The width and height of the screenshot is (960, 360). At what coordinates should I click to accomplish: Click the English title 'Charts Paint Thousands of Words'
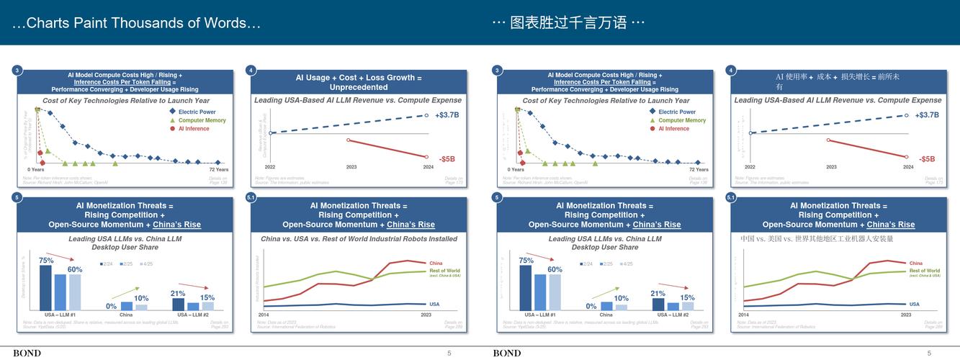point(136,23)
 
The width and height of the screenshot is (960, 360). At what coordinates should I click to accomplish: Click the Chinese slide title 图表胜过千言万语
point(568,23)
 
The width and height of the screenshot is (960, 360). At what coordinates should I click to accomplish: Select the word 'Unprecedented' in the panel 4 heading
point(359,87)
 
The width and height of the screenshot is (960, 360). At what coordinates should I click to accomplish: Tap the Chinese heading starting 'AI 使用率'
point(837,77)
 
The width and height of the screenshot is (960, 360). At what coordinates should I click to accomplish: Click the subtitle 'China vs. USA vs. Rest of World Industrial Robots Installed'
point(359,239)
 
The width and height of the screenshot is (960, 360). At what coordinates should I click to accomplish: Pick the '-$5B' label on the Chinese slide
point(926,159)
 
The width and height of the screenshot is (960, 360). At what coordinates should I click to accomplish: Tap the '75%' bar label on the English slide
point(46,261)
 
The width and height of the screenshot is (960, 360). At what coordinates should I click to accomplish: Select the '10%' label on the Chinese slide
point(621,298)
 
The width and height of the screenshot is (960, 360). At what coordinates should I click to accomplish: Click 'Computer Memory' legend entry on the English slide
point(202,120)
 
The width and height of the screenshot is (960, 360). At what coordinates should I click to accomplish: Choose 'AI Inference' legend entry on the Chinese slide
point(673,129)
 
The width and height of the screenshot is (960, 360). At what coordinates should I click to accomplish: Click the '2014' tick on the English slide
point(264,315)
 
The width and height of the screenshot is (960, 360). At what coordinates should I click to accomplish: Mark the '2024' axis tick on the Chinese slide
point(908,167)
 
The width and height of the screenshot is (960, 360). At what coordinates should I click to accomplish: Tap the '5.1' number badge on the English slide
point(251,197)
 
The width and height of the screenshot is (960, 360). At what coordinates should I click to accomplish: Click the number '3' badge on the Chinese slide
point(497,70)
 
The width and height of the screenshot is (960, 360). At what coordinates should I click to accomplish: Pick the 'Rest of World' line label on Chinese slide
point(924,271)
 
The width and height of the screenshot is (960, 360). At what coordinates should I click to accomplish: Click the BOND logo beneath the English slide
point(27,354)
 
